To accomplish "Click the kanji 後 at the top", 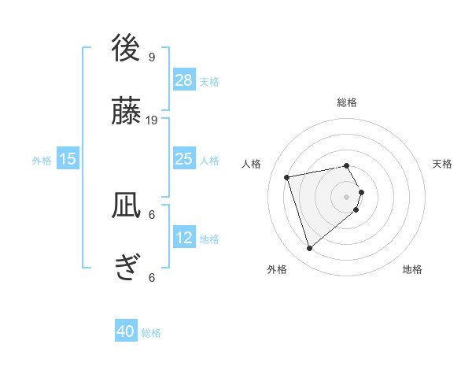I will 126,48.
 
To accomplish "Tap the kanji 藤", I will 126,113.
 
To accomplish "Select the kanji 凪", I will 126,207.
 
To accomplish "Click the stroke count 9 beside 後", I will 152,57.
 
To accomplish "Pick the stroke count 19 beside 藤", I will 152,120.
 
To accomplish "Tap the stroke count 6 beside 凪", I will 152,214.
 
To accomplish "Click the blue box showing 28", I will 183,80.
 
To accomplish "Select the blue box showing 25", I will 183,159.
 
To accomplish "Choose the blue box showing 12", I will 183,237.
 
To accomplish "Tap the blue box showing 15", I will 68,159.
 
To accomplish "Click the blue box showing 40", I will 126,331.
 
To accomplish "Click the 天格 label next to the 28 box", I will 209,81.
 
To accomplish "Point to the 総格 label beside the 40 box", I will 151,333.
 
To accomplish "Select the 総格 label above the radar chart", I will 347,102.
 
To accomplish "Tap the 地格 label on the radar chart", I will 412,269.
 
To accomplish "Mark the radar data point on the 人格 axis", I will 287,176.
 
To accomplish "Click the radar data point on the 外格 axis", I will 309,249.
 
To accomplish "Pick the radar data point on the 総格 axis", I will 347,165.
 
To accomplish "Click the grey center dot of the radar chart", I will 347,196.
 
